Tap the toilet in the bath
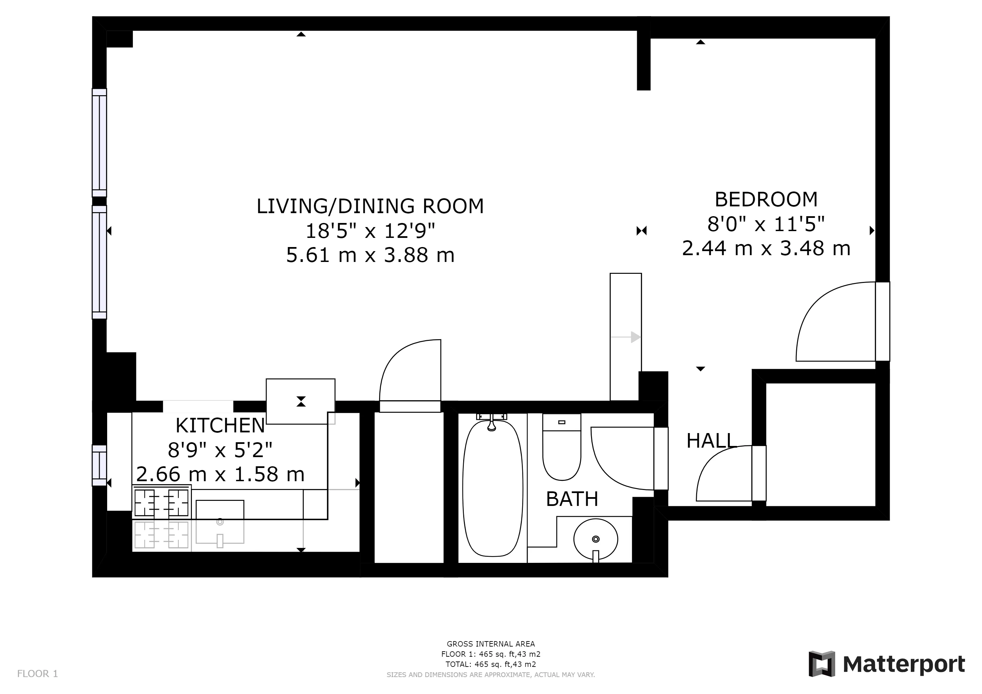point(562,453)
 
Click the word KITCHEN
point(220,426)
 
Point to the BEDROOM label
point(766,200)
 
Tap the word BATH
point(572,499)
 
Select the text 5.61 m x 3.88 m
point(370,255)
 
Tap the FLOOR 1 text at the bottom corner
point(37,674)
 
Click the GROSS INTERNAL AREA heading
point(491,644)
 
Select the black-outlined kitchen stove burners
point(161,503)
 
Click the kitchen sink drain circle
point(220,522)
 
